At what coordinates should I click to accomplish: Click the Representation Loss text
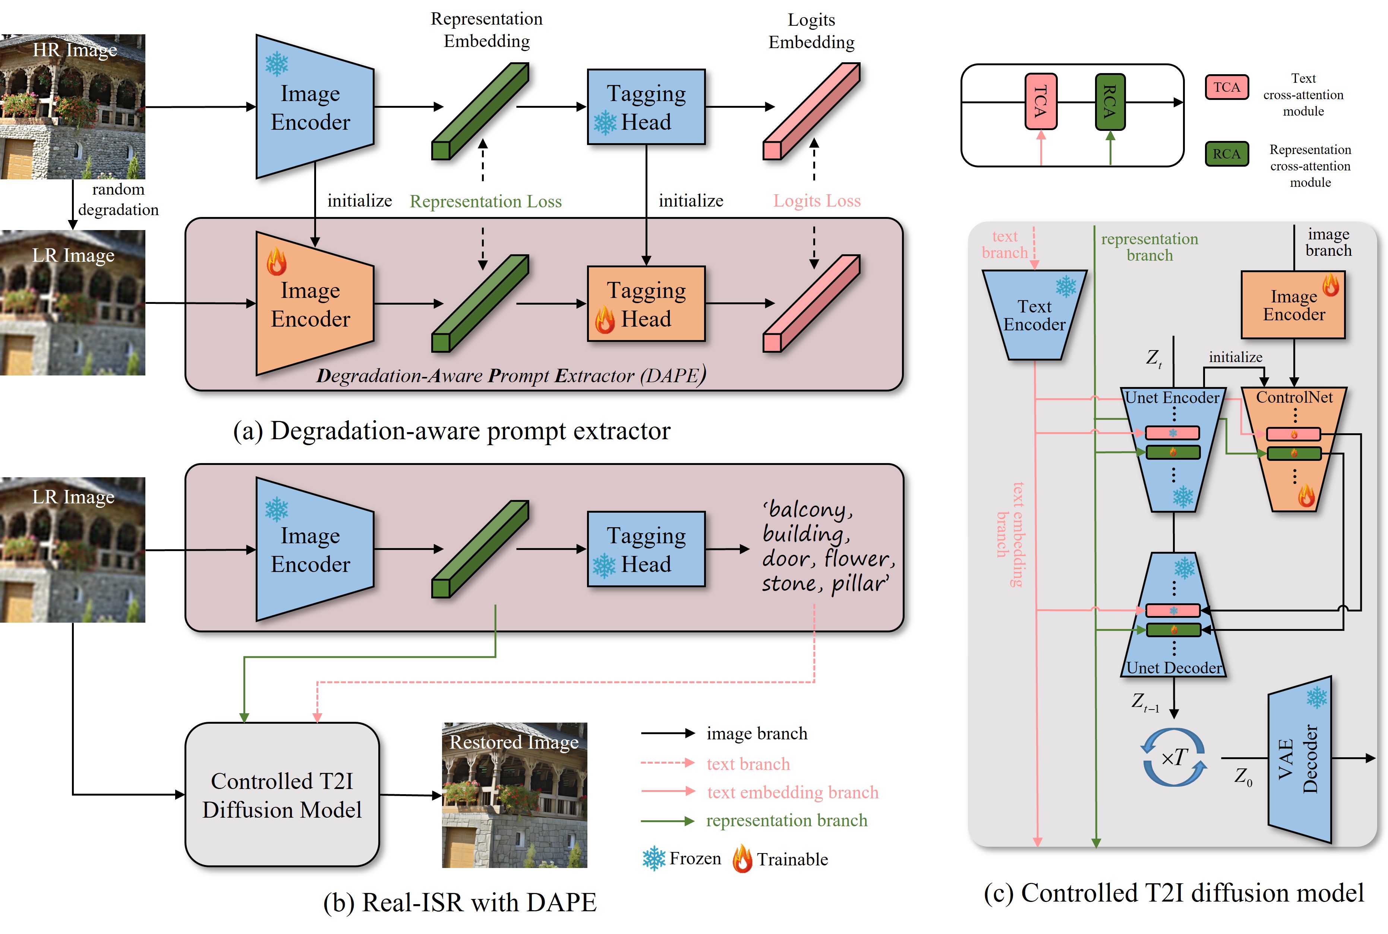click(x=485, y=201)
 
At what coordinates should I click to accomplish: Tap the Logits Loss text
click(x=816, y=201)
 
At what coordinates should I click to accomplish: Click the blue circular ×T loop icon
click(x=1173, y=757)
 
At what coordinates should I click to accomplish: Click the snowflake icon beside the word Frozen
click(x=653, y=858)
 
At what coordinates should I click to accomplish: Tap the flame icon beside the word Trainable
click(x=742, y=859)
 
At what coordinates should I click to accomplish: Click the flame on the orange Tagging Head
click(x=605, y=320)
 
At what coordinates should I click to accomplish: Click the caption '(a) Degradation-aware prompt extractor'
click(x=451, y=431)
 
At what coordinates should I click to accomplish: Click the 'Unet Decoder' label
click(x=1173, y=668)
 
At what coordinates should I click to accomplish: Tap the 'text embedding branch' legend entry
click(x=792, y=792)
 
